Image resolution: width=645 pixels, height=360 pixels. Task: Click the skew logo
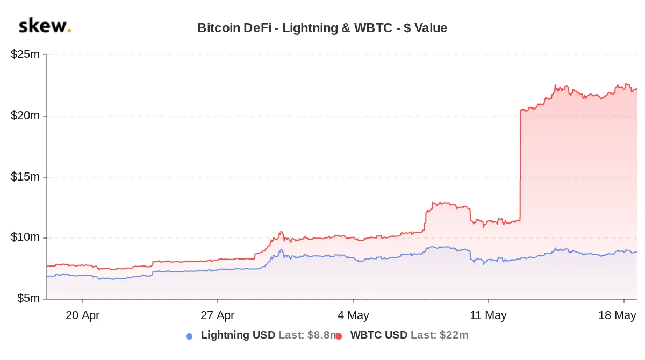point(44,26)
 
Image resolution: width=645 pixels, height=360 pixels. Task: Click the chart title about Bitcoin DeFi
point(322,28)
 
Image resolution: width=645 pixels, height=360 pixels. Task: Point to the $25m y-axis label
point(25,55)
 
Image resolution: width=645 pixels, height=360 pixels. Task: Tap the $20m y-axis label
point(25,116)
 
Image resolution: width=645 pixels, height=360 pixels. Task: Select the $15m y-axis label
point(25,177)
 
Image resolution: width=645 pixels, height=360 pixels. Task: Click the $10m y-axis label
point(25,237)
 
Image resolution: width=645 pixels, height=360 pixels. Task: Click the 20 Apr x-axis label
point(82,315)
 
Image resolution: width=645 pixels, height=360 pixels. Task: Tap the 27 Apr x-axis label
point(217,315)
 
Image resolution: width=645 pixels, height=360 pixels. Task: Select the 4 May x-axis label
point(353,315)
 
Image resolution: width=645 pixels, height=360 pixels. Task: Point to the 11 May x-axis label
point(488,315)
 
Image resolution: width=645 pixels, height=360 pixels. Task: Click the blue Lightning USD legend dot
point(189,336)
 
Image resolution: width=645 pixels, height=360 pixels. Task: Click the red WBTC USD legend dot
point(339,336)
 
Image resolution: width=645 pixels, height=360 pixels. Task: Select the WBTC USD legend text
point(378,335)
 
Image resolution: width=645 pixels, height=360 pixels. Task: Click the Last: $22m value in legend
point(439,335)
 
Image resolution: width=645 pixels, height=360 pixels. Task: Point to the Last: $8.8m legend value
point(308,335)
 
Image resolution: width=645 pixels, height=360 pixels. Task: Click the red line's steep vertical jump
point(520,167)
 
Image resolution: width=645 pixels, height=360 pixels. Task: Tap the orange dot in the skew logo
point(69,31)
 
